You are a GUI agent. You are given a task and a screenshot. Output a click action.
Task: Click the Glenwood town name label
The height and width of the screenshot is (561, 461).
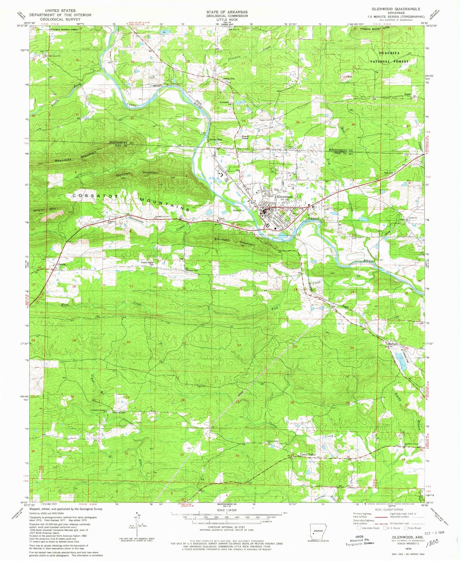tap(285, 197)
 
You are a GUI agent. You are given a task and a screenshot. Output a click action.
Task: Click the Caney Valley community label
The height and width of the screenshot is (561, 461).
tap(308, 454)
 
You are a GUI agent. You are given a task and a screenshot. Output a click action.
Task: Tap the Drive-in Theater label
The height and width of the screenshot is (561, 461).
tap(245, 137)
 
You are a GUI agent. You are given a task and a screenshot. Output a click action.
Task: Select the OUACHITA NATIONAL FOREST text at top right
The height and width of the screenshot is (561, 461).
tap(389, 57)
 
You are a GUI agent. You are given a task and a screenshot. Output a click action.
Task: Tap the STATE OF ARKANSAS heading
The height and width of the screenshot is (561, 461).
tap(227, 12)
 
